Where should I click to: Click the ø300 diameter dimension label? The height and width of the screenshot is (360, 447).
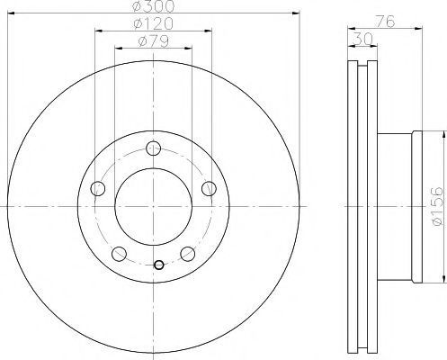coord(154,6)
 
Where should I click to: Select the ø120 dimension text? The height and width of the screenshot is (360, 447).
coord(154,23)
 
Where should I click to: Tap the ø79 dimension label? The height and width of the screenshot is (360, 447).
coord(154,41)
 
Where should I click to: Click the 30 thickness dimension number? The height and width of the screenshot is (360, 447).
coord(362,39)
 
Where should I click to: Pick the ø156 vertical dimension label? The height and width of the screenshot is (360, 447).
coord(436,206)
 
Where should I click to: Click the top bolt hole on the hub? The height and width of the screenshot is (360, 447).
coord(154,148)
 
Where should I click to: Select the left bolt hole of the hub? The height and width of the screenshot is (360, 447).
coord(98,189)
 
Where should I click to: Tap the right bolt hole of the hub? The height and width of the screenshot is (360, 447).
coord(209,189)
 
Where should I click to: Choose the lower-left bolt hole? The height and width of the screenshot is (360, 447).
coord(119,254)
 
